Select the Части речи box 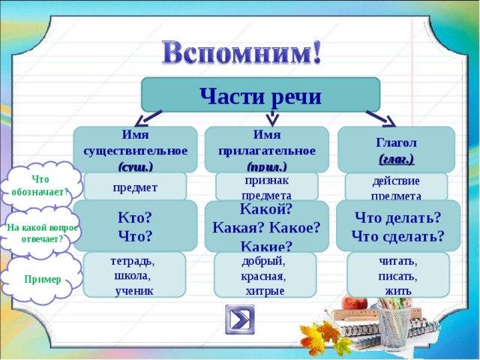click(x=260, y=95)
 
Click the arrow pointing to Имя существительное click(x=147, y=118)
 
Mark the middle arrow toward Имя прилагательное click(x=272, y=118)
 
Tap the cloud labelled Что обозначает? click(x=40, y=184)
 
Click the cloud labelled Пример click(x=42, y=279)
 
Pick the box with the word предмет click(x=135, y=187)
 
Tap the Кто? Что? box click(x=135, y=226)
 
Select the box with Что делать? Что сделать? click(x=397, y=226)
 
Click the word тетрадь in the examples click(x=132, y=262)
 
